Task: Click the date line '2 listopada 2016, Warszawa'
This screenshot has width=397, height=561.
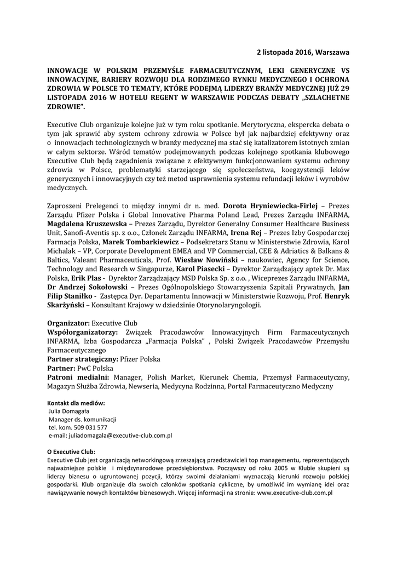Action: coord(303,52)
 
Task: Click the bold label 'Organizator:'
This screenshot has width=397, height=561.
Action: coord(68,323)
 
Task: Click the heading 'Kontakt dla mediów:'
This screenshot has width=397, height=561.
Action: coord(76,403)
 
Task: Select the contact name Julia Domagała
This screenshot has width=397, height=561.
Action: coord(69,411)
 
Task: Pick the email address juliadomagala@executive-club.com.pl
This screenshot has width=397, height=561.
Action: coord(120,436)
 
